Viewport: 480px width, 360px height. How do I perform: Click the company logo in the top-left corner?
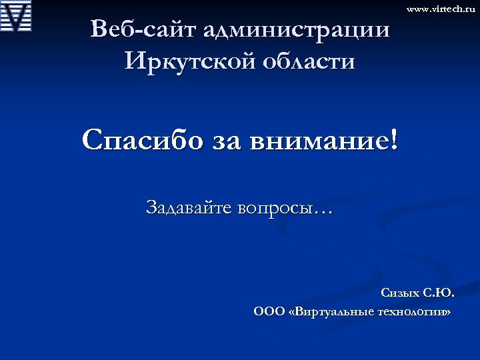pos(17,17)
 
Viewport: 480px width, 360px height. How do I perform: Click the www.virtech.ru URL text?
pos(441,9)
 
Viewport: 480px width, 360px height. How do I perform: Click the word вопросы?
pos(279,209)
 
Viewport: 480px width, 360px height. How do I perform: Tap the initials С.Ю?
pos(439,293)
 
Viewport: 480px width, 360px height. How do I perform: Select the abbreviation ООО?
pos(269,311)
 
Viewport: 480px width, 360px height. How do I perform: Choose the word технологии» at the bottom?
pos(416,311)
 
